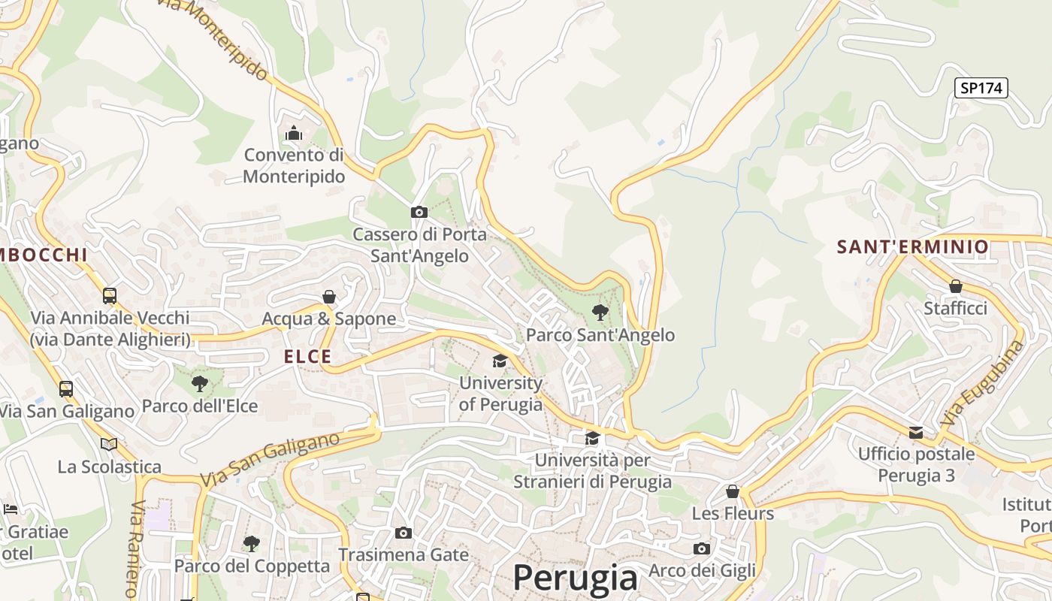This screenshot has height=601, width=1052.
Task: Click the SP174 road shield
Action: (981, 88)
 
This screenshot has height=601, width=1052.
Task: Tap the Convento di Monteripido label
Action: (294, 166)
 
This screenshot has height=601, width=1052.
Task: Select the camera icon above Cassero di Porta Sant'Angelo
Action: (419, 213)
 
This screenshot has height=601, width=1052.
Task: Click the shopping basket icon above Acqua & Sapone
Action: (328, 297)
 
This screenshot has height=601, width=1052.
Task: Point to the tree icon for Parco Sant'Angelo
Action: (600, 312)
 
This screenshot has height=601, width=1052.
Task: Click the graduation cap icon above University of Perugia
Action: (500, 361)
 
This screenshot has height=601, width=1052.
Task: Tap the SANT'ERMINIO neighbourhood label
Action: (913, 247)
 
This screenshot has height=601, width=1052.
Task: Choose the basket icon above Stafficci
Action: (955, 286)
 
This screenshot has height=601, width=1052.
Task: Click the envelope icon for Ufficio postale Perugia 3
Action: (916, 433)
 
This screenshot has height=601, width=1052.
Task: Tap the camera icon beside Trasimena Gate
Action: (404, 533)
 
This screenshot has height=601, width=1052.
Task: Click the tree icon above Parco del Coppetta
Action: (252, 542)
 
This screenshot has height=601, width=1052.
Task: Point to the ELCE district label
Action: (308, 357)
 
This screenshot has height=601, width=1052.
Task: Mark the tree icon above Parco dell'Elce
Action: (200, 384)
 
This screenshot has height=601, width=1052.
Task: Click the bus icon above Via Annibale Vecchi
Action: (110, 295)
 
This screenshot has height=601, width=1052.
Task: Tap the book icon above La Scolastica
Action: (109, 444)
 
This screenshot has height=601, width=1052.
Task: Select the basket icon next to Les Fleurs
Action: (733, 491)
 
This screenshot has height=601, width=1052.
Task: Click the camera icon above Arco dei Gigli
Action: (702, 548)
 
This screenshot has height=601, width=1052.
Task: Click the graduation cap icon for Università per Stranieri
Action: (593, 438)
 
